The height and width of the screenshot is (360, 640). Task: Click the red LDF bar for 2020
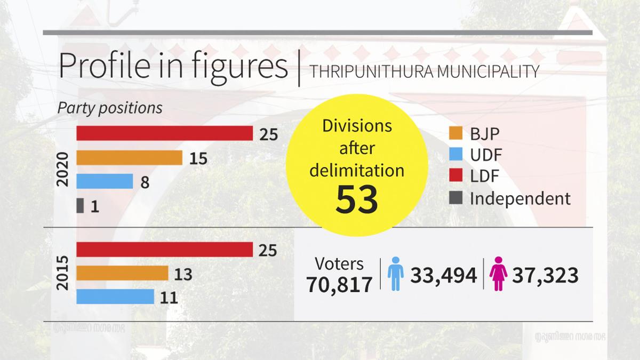tap(164, 133)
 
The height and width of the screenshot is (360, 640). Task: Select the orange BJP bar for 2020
tap(130, 158)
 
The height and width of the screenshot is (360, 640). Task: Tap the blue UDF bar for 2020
tap(105, 181)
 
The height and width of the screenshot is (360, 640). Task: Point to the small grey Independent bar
tap(80, 205)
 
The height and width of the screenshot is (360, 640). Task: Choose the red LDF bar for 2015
tap(164, 250)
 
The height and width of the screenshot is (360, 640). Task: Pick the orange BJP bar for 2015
tap(122, 274)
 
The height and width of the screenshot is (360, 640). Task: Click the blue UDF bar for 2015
tap(115, 297)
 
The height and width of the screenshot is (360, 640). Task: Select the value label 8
tap(145, 182)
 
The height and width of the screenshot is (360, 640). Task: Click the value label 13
tap(183, 275)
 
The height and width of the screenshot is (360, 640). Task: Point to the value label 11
tap(169, 298)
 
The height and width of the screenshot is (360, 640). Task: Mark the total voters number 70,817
tap(339, 285)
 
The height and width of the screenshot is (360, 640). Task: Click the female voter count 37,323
tap(545, 275)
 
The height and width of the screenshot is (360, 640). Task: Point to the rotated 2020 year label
tap(63, 170)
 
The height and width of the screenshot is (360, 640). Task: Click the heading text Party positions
tap(110, 108)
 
